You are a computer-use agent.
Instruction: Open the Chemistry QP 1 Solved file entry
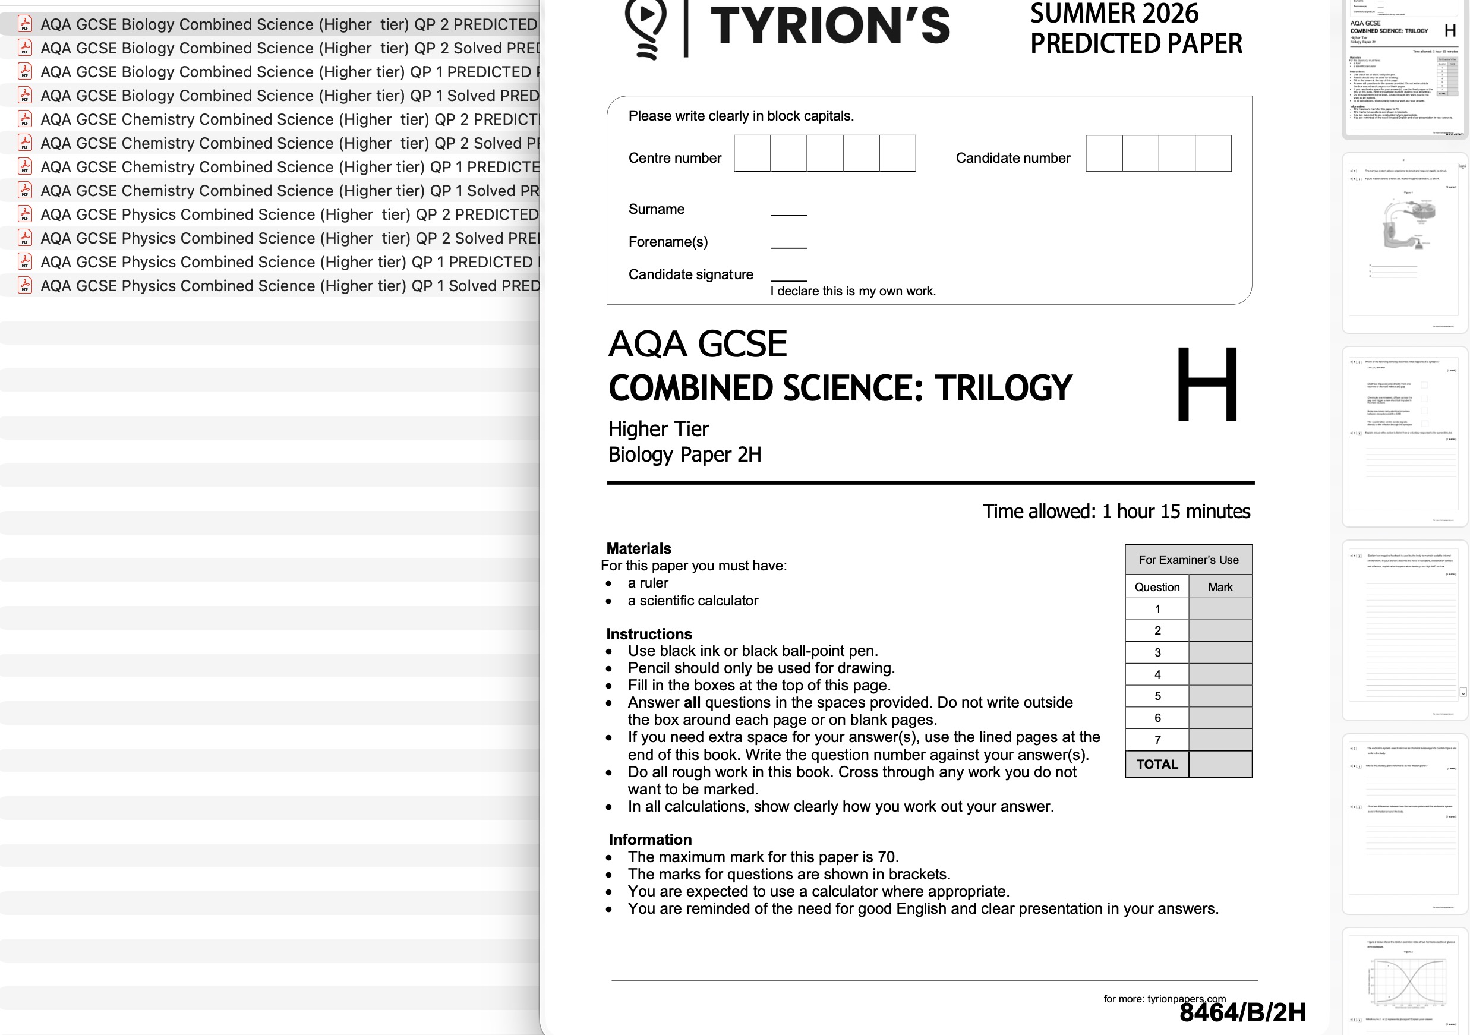(x=288, y=191)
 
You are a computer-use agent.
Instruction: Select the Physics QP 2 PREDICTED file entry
(x=288, y=214)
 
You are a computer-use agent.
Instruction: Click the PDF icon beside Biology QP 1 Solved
(x=25, y=96)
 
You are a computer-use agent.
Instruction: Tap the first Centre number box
(x=752, y=154)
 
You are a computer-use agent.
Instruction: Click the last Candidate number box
(x=1213, y=154)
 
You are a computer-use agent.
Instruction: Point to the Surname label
(x=656, y=209)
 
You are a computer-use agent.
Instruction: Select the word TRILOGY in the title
(x=1002, y=388)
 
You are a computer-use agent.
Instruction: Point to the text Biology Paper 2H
(x=684, y=455)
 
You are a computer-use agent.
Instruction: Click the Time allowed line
(x=1116, y=512)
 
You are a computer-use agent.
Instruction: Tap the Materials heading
(x=638, y=548)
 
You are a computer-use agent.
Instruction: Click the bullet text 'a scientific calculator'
(x=693, y=601)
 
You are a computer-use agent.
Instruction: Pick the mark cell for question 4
(x=1220, y=674)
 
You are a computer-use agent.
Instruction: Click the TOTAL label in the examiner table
(x=1157, y=764)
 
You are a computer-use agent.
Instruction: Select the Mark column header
(x=1220, y=587)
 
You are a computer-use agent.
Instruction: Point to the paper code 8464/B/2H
(x=1242, y=1012)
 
